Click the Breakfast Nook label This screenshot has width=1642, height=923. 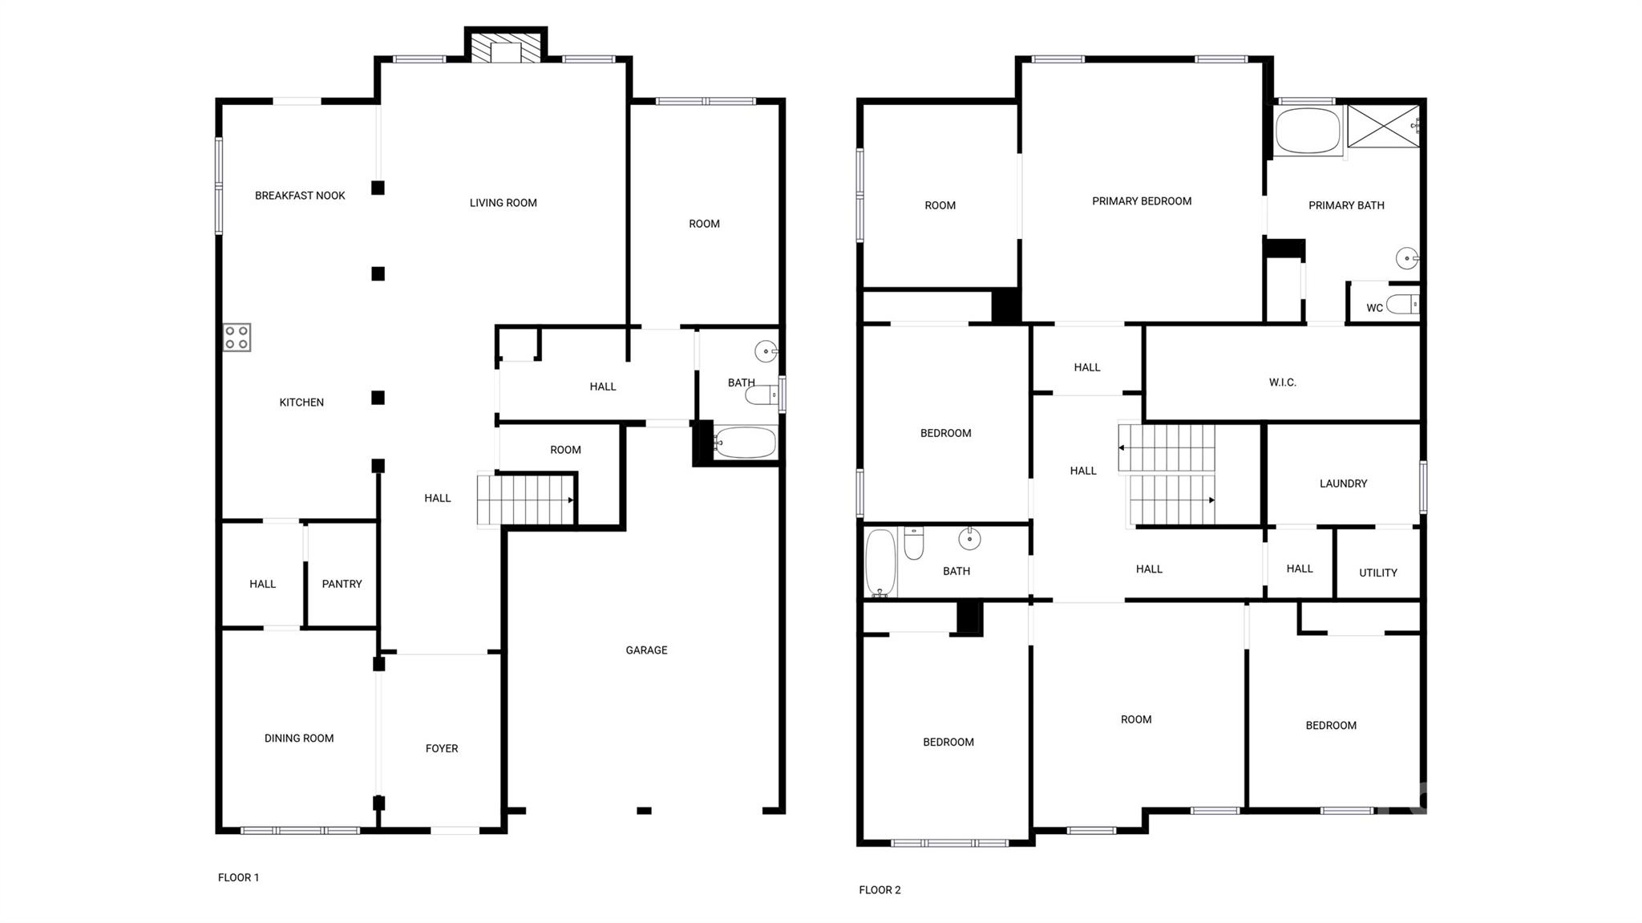[300, 196]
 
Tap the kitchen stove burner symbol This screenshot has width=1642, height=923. [237, 338]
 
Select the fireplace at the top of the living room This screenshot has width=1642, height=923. [506, 47]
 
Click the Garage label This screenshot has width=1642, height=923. [646, 650]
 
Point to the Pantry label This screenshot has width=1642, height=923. [342, 584]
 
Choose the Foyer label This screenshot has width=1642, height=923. [442, 748]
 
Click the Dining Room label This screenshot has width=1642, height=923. [299, 738]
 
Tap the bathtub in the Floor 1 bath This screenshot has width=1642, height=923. [745, 442]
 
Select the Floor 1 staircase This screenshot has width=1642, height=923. [526, 500]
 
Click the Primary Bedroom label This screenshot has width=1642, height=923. [1142, 201]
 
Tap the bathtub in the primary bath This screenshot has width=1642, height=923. [1308, 131]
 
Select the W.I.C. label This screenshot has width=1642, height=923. [1282, 383]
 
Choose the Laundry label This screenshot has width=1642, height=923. [1343, 484]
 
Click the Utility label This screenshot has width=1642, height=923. [1377, 573]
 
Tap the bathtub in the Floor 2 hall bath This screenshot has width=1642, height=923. [880, 563]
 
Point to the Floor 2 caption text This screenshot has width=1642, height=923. [880, 889]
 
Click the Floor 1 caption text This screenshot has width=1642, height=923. [238, 877]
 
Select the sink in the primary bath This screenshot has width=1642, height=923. [1408, 258]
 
